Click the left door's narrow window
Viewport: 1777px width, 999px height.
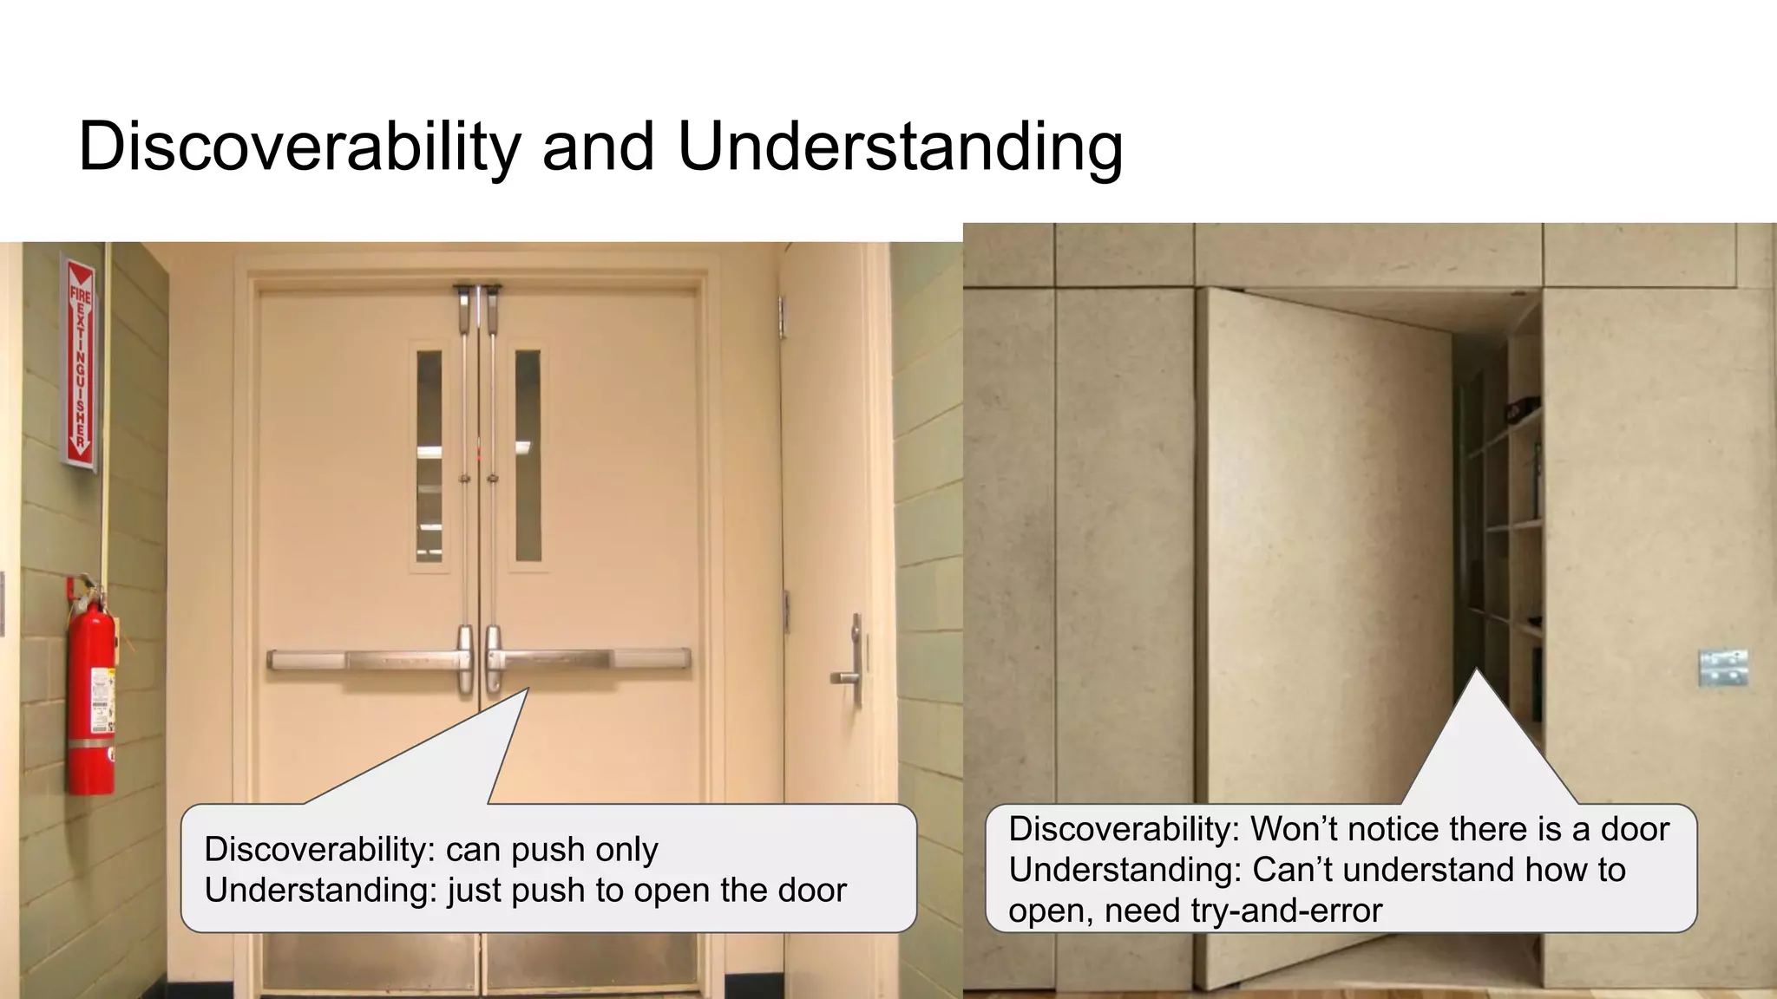(429, 455)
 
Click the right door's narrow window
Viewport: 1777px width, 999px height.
(528, 455)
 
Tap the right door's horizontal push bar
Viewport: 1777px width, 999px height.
(590, 659)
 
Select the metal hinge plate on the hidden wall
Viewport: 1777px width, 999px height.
(1721, 667)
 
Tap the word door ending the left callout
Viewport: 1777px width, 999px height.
(812, 891)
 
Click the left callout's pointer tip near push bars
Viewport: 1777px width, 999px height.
(526, 691)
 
